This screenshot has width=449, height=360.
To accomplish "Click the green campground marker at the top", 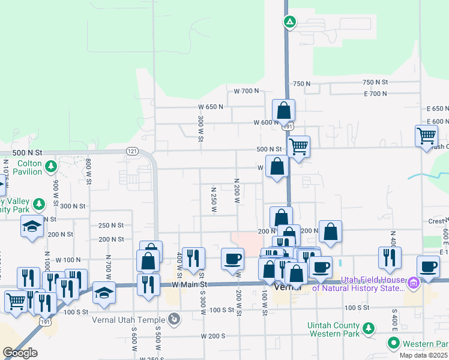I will coord(290,22).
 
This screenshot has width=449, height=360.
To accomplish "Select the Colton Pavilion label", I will coord(29,167).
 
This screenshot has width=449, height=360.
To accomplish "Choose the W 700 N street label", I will coord(246,91).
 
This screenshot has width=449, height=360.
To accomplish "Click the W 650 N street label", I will coord(211,107).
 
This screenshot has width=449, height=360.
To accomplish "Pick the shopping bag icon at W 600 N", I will coord(283,111).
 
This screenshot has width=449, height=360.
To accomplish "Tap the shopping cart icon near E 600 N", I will coord(426,135).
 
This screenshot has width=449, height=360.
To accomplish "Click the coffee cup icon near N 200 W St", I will coord(233,258).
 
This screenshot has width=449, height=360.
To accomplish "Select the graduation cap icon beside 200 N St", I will coord(32,226).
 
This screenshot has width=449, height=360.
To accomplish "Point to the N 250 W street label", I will coord(213,200).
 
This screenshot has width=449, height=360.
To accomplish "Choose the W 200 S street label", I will coord(213,336).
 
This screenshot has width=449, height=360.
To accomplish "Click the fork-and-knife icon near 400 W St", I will coord(193,259).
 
